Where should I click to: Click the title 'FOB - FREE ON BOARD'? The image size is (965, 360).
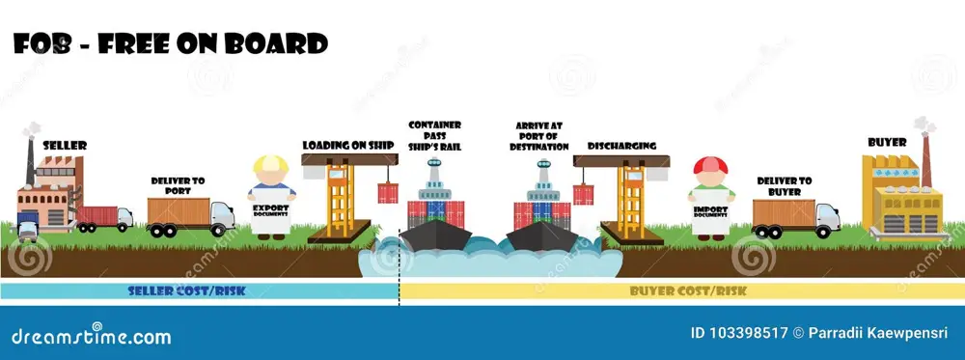(x=170, y=43)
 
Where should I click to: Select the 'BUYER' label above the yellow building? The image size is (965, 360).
(x=887, y=142)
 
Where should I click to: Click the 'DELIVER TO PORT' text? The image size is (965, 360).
(x=179, y=185)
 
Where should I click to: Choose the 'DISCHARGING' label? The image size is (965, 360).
(x=621, y=146)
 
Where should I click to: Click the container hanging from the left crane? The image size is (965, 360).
(x=388, y=193)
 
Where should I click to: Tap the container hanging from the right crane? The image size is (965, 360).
(x=583, y=193)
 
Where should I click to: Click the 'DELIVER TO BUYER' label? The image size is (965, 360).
(x=784, y=185)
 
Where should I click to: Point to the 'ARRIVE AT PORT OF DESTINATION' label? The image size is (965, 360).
(x=539, y=136)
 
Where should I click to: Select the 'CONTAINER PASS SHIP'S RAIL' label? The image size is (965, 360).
(x=434, y=136)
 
